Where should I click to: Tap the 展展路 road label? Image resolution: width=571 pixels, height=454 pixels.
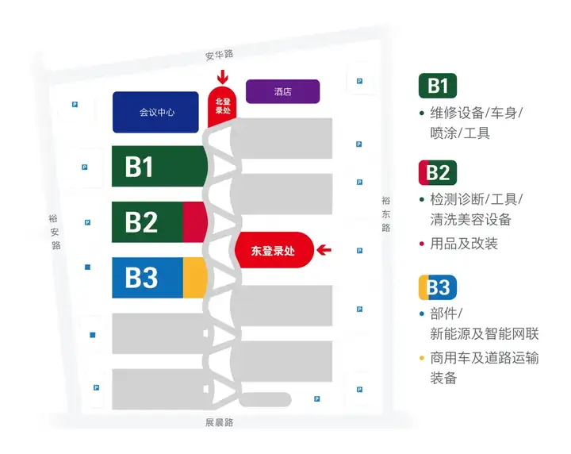point(219,422)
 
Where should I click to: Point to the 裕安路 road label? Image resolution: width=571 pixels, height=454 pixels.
point(54,232)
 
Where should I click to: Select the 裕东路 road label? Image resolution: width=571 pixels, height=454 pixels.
point(385,214)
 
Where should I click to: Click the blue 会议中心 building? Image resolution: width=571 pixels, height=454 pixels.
point(156,112)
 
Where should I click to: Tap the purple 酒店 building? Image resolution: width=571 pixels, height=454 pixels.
point(282,92)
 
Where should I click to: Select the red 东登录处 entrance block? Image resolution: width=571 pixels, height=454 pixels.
point(271,250)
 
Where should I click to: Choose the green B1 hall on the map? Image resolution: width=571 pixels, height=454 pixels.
point(159,167)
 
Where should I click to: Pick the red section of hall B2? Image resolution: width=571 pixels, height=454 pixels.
point(194,221)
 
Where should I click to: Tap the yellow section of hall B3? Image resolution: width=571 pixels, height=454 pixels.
point(195,277)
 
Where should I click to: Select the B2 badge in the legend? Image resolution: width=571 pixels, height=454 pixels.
point(438,172)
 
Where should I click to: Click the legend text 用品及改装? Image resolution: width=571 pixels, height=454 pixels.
point(464,244)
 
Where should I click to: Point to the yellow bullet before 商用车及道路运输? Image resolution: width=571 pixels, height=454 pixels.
point(422,358)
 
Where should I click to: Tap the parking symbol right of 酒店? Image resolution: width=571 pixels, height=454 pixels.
point(360,81)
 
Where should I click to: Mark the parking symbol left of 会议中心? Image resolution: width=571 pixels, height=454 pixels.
point(75,104)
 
